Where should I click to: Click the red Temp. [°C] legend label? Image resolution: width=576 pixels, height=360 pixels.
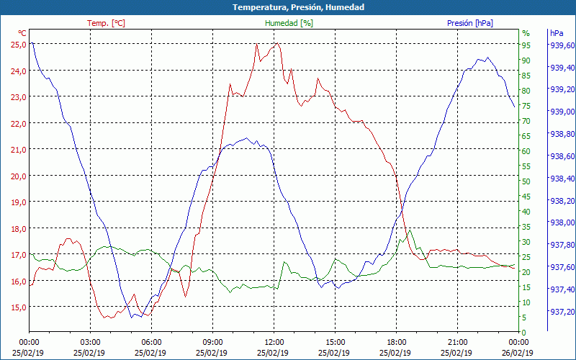(x=106, y=23)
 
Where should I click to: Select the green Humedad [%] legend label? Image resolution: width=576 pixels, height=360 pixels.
(x=289, y=23)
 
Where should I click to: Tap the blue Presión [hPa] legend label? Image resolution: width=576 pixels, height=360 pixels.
(x=470, y=23)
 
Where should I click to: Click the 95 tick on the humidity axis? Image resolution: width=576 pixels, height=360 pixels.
(x=526, y=45)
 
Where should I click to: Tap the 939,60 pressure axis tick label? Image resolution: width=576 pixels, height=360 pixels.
(x=562, y=45)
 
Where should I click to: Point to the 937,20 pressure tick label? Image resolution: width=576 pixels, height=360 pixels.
(x=562, y=312)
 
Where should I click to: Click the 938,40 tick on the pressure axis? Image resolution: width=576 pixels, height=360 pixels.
(x=562, y=179)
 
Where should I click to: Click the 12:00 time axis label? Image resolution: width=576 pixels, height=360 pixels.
(x=274, y=342)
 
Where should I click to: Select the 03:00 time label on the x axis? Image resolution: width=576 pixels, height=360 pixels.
(x=90, y=342)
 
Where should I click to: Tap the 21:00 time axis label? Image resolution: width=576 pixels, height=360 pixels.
(x=457, y=342)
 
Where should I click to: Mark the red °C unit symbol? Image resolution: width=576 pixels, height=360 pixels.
(x=22, y=33)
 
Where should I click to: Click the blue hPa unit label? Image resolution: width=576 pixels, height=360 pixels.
(x=557, y=33)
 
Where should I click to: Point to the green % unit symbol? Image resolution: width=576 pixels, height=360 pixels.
(x=526, y=33)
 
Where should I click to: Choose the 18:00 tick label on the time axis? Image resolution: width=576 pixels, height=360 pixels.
(x=396, y=342)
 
